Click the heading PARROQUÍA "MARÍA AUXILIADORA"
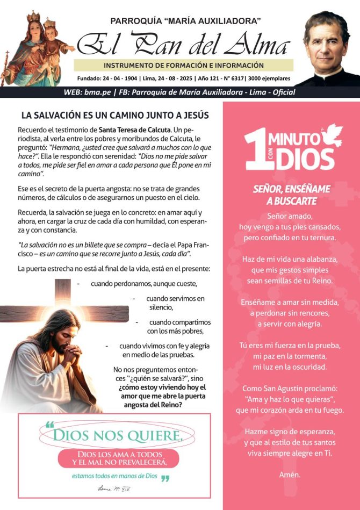185,21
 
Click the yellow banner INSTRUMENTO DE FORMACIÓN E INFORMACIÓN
184,66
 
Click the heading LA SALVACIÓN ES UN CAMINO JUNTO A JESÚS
114,115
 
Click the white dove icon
331,135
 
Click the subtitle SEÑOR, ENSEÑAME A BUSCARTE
292,195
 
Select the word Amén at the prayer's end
290,475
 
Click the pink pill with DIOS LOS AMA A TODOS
119,458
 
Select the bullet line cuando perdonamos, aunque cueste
143,283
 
